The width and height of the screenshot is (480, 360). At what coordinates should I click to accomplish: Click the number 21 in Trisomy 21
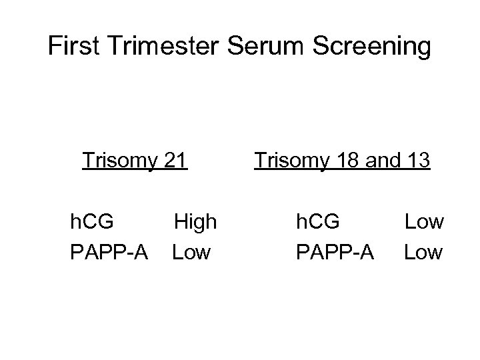175,160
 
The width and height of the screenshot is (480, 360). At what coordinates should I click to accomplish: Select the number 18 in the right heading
346,160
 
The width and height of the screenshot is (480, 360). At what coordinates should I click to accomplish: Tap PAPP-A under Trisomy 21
108,252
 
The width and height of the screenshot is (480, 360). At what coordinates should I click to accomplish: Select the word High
195,221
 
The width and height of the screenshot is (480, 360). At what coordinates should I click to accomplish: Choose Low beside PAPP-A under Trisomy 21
191,252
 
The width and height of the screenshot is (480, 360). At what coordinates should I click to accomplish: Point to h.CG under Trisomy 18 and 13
319,221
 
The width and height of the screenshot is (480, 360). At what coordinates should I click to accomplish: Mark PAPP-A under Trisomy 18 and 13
335,252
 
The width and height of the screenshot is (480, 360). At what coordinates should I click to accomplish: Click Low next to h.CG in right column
424,221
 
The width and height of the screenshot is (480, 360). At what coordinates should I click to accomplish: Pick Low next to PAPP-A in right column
423,252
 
